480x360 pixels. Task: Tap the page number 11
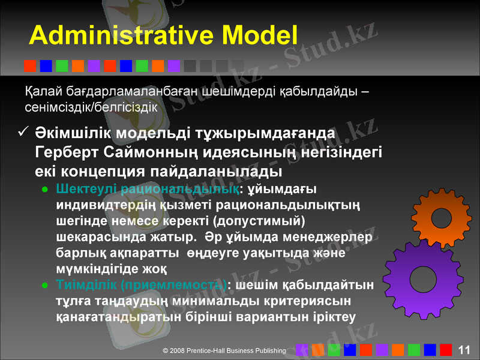point(464,350)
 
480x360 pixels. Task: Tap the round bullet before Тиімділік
point(45,284)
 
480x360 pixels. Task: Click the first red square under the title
point(29,65)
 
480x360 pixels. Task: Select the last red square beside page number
point(446,350)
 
